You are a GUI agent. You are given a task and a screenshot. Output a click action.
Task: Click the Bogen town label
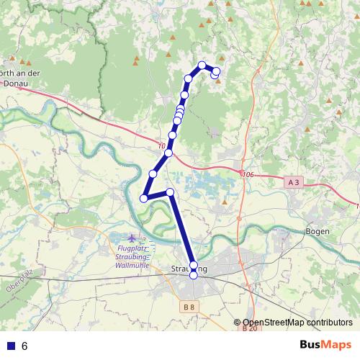click(317, 231)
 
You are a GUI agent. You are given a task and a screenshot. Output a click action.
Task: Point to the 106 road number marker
click(249, 175)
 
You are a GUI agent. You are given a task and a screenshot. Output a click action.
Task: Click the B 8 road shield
click(189, 307)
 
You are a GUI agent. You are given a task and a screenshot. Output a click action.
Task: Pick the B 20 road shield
click(250, 328)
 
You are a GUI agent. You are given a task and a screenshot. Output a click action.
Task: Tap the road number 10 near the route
click(160, 146)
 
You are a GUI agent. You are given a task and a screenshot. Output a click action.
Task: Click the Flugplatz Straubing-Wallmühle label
click(132, 257)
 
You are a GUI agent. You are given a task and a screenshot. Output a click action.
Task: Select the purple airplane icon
click(132, 238)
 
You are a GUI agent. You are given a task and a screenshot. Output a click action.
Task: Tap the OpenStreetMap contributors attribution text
click(297, 323)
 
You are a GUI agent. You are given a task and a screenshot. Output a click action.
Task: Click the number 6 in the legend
click(24, 346)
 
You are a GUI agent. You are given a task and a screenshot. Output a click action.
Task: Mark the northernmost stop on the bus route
click(202, 66)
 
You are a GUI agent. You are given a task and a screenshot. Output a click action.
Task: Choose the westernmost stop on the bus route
click(144, 198)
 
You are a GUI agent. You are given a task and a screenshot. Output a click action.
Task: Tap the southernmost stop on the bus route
click(193, 275)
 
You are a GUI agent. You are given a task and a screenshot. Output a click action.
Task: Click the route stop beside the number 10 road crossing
click(168, 153)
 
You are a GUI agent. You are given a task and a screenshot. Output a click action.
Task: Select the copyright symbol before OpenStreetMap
click(237, 323)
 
